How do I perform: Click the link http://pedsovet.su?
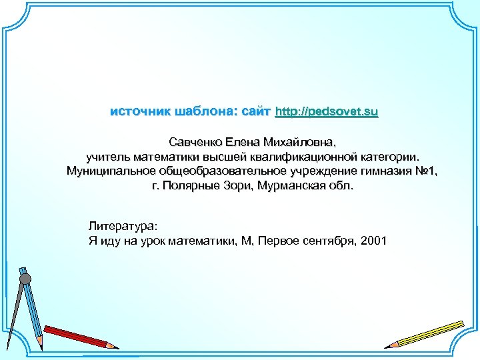click(x=327, y=111)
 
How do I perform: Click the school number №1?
click(x=425, y=172)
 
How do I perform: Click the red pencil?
click(x=80, y=337)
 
